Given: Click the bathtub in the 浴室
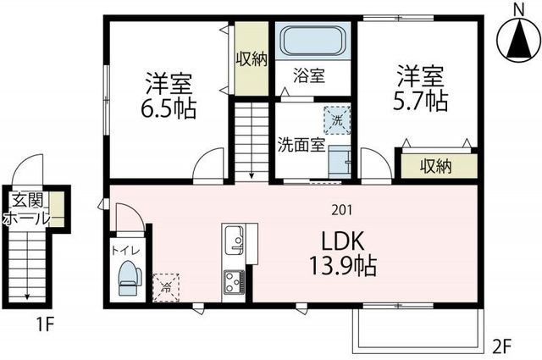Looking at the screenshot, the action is tap(312, 40).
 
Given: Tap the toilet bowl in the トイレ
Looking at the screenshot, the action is tap(129, 278).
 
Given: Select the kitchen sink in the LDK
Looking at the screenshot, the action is tap(235, 240).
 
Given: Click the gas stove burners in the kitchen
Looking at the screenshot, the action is tap(234, 282).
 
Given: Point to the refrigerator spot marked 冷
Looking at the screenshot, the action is tap(166, 287).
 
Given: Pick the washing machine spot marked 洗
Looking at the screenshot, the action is tap(337, 120).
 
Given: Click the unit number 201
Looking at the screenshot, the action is tap(341, 210).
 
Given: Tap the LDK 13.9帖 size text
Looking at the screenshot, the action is tap(342, 253).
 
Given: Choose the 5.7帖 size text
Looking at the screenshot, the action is tap(421, 100).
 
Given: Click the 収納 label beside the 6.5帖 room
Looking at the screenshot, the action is tap(252, 58).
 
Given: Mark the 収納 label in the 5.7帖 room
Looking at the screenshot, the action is tap(436, 166).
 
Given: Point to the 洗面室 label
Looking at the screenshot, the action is tap(302, 145).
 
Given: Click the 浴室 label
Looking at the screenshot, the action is tap(309, 75).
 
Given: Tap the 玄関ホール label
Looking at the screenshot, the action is tap(27, 209).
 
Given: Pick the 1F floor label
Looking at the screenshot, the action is tap(45, 324).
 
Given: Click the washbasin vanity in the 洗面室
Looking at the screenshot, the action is tap(340, 162).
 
